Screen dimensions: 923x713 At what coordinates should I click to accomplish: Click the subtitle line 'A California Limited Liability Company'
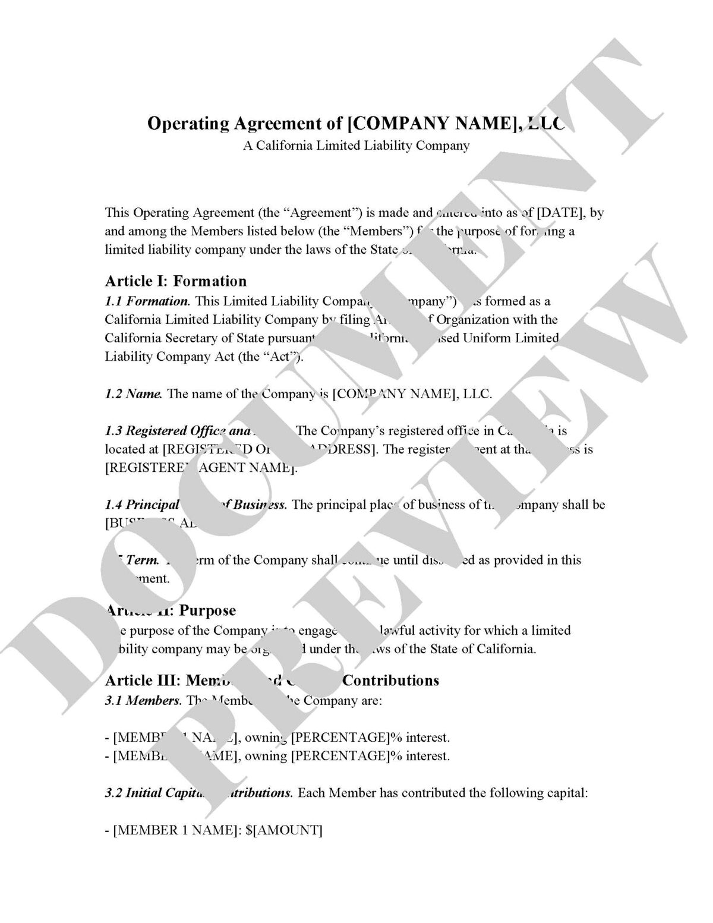[x=356, y=146]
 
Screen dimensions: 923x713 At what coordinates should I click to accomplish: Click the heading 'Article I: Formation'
[x=175, y=281]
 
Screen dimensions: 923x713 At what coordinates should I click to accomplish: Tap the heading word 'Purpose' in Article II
[x=207, y=610]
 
